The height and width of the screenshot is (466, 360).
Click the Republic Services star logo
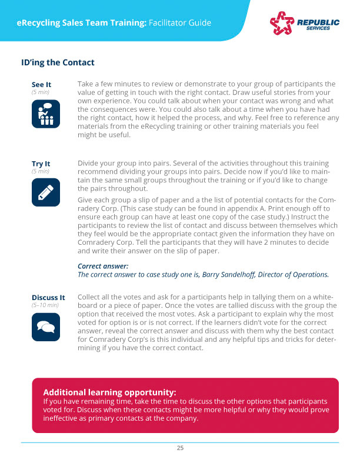(281, 23)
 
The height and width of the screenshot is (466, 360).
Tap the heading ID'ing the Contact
(57, 62)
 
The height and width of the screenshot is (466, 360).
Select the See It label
(41, 85)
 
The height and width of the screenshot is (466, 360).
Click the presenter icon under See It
(45, 114)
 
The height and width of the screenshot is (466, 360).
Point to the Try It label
(41, 164)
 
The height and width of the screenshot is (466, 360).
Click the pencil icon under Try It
(45, 192)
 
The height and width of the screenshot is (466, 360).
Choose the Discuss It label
(48, 297)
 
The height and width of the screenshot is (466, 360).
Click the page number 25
(180, 448)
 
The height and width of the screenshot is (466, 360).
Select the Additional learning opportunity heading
(109, 392)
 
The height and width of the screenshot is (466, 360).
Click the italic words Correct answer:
(103, 266)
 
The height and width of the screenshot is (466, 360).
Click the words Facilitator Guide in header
(180, 23)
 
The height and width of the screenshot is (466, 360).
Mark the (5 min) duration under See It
(40, 92)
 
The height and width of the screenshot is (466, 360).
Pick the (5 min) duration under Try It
(40, 171)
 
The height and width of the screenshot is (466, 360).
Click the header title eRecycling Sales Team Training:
(82, 23)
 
